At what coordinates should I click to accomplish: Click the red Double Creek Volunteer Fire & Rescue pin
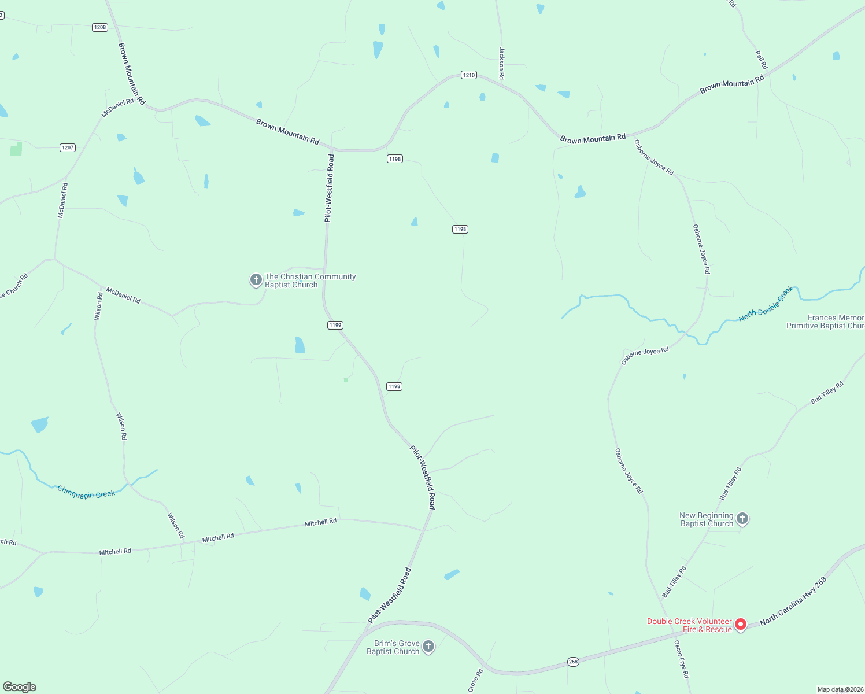click(740, 625)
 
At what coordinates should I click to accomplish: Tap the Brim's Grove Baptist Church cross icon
click(428, 647)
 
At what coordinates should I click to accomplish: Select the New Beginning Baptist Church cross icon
click(743, 519)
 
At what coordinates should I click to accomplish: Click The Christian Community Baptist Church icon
click(256, 280)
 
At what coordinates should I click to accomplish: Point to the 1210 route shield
click(468, 75)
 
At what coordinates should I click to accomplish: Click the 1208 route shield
click(100, 27)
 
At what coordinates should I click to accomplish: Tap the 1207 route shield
click(68, 147)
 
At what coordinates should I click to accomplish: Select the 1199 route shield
click(335, 325)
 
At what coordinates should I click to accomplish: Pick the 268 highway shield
click(573, 662)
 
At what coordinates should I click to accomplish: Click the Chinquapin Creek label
click(86, 493)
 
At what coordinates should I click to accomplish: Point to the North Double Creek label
click(766, 305)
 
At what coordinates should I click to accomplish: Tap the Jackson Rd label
click(502, 63)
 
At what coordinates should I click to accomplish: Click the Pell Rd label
click(762, 60)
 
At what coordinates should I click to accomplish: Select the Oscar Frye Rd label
click(682, 659)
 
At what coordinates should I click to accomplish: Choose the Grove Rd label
click(475, 681)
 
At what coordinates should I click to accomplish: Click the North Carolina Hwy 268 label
click(793, 601)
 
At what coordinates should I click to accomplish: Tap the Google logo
click(20, 687)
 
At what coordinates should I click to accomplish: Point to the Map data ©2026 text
click(840, 689)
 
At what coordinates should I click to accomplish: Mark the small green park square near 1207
click(16, 149)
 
